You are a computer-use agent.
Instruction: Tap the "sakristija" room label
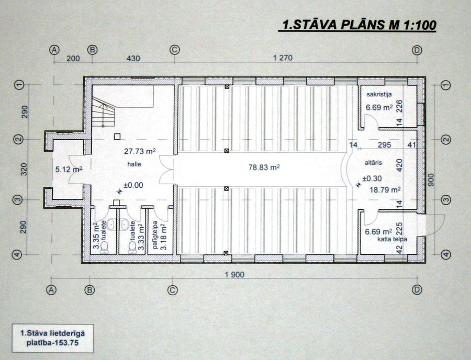[379, 94]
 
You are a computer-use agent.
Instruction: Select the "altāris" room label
[373, 162]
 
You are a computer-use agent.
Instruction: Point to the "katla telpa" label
[392, 239]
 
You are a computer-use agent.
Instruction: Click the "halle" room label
[134, 164]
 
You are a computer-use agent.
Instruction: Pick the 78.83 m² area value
[264, 167]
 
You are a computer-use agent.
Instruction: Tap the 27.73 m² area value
[140, 151]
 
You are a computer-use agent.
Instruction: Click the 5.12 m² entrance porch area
[69, 170]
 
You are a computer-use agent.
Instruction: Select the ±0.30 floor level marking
[372, 178]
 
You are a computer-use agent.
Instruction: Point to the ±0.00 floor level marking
[133, 185]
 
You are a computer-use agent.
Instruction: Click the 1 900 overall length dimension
[234, 274]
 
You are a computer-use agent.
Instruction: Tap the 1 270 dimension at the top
[283, 58]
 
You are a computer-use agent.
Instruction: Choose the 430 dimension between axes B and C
[133, 58]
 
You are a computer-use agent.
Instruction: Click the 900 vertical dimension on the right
[431, 180]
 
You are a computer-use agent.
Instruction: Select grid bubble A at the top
[54, 50]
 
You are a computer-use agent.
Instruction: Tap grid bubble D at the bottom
[417, 290]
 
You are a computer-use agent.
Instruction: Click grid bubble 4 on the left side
[17, 255]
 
